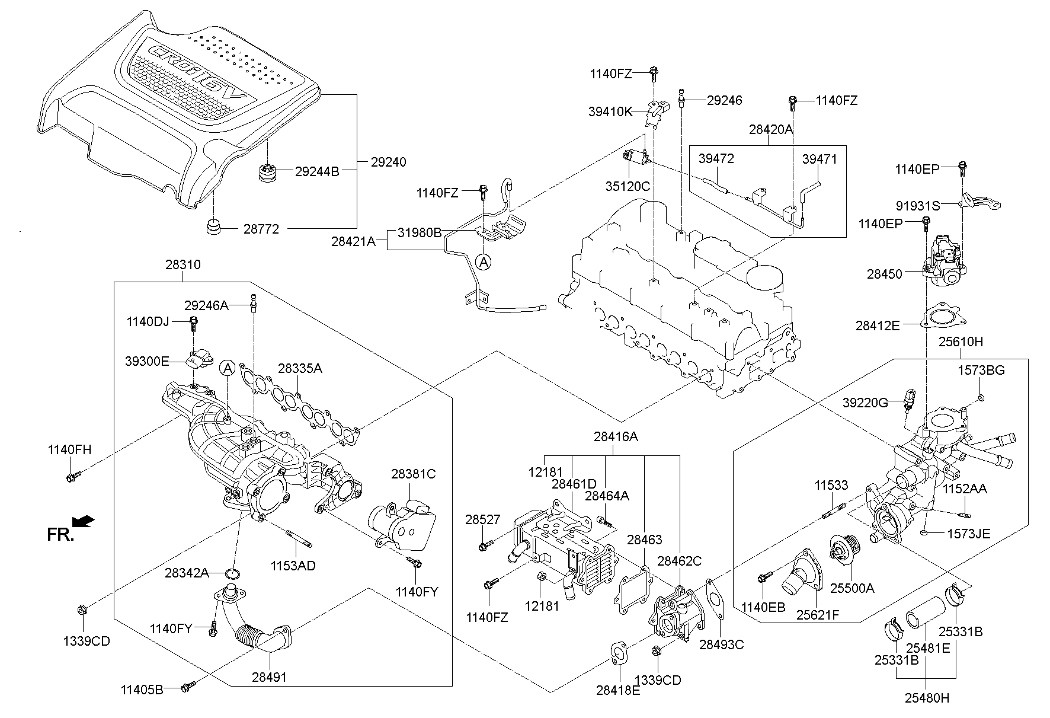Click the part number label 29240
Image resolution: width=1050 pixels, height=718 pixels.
(x=388, y=162)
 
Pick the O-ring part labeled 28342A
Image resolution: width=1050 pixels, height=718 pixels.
(x=234, y=573)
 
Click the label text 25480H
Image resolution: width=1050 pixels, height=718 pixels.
(x=927, y=698)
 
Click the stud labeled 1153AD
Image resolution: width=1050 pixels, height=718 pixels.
(x=299, y=540)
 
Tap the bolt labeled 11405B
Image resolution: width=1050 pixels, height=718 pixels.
(x=188, y=687)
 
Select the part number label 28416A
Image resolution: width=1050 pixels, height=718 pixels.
(x=616, y=437)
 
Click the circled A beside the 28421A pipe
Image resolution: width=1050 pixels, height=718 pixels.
(x=484, y=261)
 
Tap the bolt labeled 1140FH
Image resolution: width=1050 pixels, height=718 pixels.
(x=73, y=476)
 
